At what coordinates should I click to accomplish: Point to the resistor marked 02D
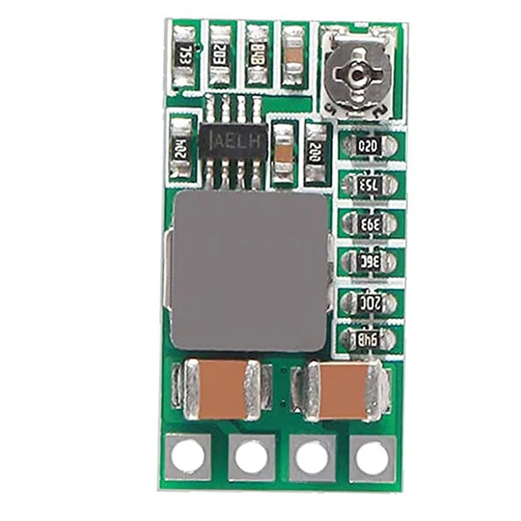click(370, 146)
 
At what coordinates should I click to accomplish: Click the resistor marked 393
click(370, 223)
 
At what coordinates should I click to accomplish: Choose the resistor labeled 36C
click(370, 260)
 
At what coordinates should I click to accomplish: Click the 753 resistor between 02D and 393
click(370, 184)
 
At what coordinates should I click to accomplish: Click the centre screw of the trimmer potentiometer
click(357, 75)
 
